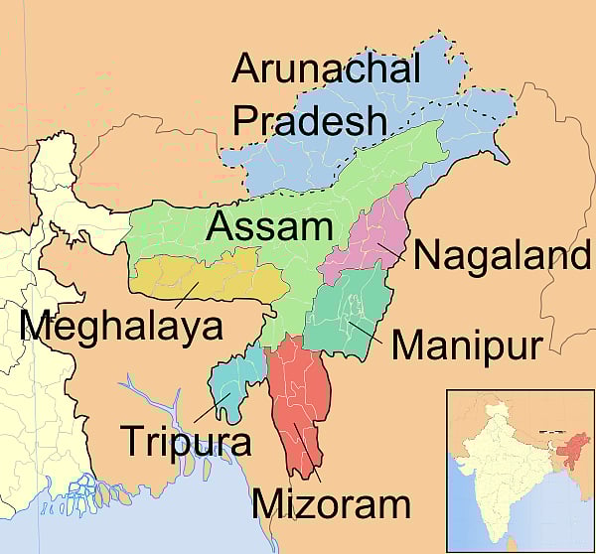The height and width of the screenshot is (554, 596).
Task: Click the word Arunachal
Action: tap(327, 70)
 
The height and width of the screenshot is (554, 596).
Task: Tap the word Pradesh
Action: tap(308, 120)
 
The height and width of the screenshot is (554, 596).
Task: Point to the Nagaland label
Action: tap(503, 254)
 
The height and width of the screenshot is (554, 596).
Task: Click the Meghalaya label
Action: tap(121, 325)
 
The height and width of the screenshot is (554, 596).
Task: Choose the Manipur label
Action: tap(466, 346)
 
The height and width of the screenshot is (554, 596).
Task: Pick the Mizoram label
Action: tap(331, 503)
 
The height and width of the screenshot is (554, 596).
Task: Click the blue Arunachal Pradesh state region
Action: tap(328, 159)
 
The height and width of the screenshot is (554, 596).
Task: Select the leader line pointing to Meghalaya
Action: tap(183, 295)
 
